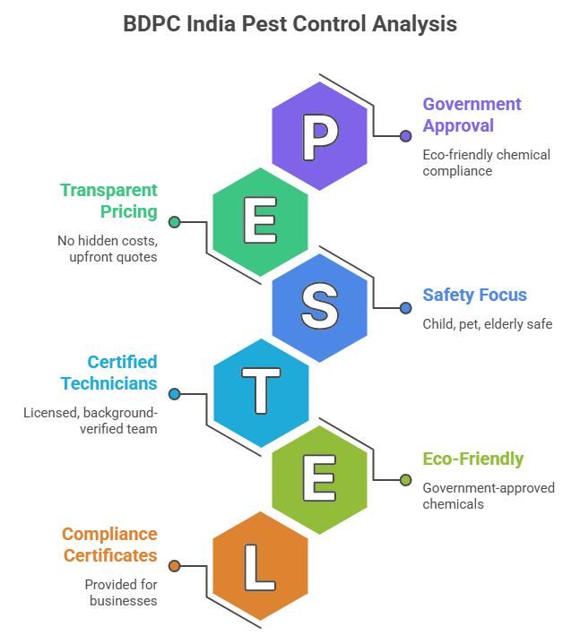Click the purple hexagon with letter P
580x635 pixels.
319,135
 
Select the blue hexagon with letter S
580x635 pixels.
319,307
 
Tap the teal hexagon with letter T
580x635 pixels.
260,393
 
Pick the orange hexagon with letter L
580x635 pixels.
260,565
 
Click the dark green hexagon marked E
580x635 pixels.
260,221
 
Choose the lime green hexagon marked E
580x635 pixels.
319,479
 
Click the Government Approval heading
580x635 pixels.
472,115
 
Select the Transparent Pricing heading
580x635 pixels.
108,201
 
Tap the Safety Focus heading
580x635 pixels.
475,295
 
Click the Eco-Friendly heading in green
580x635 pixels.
473,459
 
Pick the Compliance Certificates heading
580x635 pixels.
109,545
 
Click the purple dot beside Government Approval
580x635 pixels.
405,136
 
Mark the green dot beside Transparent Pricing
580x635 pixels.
175,222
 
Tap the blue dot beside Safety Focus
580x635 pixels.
405,308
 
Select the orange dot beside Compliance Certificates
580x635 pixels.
175,566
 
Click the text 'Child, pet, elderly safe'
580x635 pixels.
488,323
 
